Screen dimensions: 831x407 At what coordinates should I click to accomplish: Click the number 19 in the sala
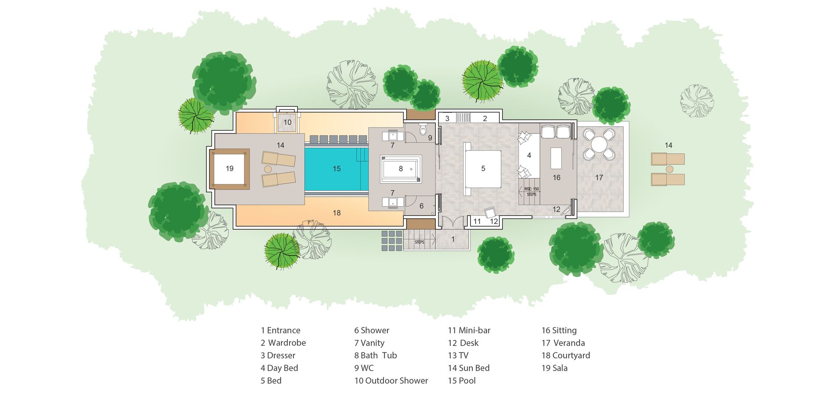pyautogui.click(x=229, y=169)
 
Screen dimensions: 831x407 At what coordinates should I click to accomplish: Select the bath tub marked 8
pyautogui.click(x=401, y=169)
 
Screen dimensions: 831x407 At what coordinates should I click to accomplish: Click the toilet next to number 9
pyautogui.click(x=423, y=129)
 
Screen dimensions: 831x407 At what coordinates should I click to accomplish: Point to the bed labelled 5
pyautogui.click(x=483, y=169)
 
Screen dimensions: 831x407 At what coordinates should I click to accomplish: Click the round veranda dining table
pyautogui.click(x=599, y=143)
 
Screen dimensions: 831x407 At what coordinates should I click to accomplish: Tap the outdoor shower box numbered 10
pyautogui.click(x=287, y=122)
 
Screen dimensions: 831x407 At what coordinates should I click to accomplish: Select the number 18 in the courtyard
pyautogui.click(x=337, y=213)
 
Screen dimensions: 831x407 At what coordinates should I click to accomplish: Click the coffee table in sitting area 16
pyautogui.click(x=556, y=158)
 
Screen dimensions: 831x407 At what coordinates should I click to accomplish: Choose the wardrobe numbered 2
pyautogui.click(x=485, y=118)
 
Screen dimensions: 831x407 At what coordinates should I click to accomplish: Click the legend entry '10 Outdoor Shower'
pyautogui.click(x=391, y=381)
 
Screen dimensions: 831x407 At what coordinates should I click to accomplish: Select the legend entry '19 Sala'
pyautogui.click(x=554, y=368)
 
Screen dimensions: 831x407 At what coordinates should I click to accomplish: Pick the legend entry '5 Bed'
pyautogui.click(x=271, y=381)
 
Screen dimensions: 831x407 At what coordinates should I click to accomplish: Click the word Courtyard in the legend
pyautogui.click(x=571, y=356)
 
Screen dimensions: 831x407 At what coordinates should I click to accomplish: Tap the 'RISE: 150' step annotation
pyautogui.click(x=531, y=189)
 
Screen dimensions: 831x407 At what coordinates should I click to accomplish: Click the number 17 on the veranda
pyautogui.click(x=599, y=177)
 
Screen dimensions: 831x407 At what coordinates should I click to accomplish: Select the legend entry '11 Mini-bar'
pyautogui.click(x=469, y=330)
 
